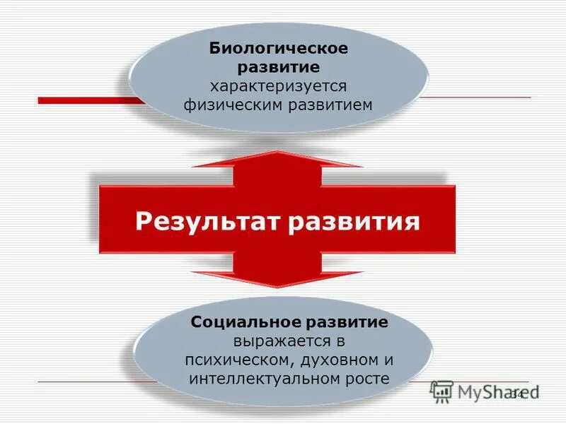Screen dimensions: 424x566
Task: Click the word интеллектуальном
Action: click(x=258, y=378)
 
